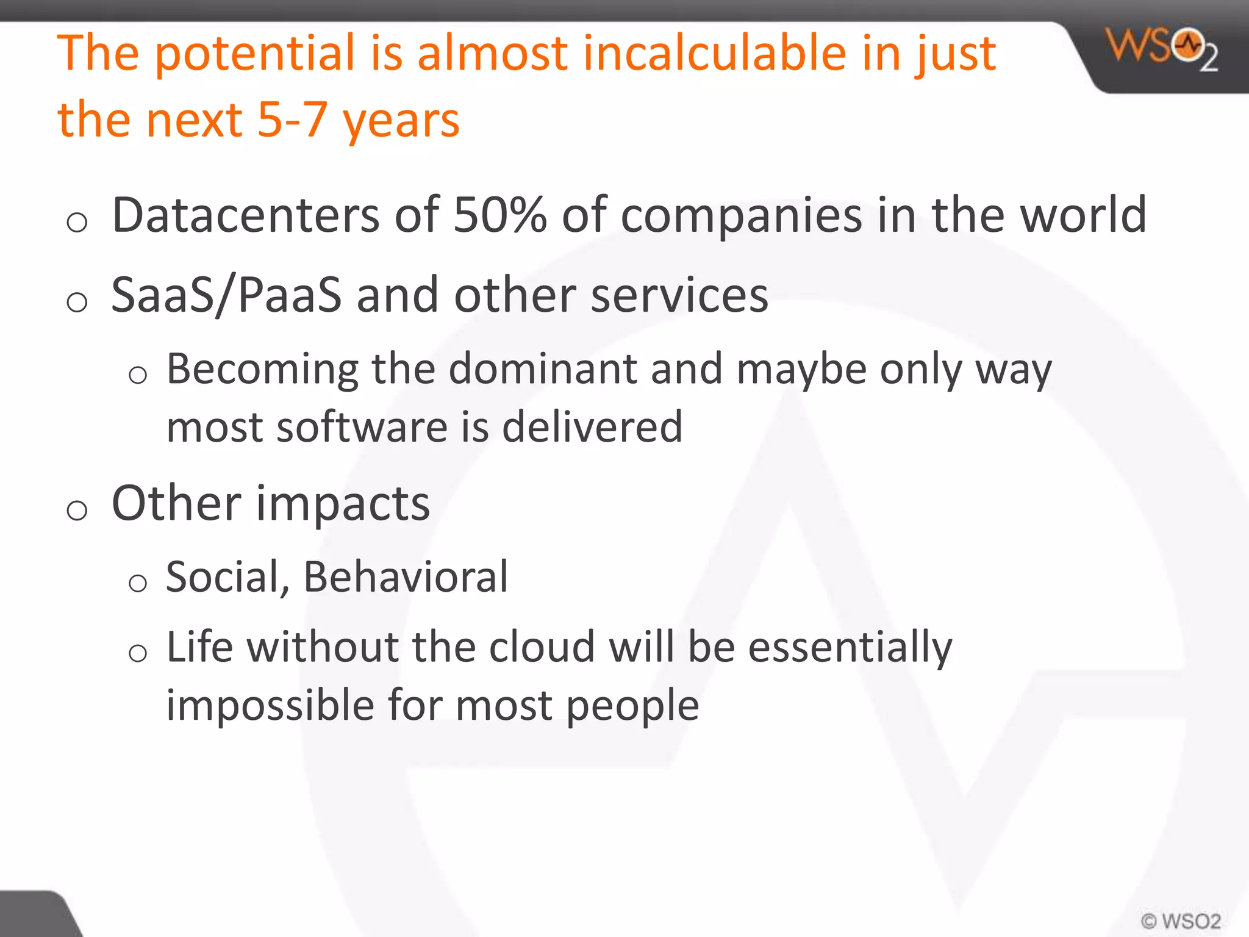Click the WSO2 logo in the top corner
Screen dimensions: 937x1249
pyautogui.click(x=1162, y=49)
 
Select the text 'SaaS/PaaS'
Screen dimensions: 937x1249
pyautogui.click(x=226, y=296)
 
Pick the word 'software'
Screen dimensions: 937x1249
pyautogui.click(x=362, y=426)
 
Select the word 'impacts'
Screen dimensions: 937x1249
pyautogui.click(x=343, y=504)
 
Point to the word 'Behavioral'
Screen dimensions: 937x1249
pyautogui.click(x=406, y=577)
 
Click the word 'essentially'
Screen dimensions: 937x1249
pyautogui.click(x=850, y=647)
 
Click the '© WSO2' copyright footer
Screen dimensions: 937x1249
pyautogui.click(x=1180, y=921)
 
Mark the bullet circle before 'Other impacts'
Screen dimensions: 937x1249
pyautogui.click(x=77, y=510)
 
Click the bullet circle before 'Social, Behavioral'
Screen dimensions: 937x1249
pyautogui.click(x=138, y=583)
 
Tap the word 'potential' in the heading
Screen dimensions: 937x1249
pyautogui.click(x=255, y=54)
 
